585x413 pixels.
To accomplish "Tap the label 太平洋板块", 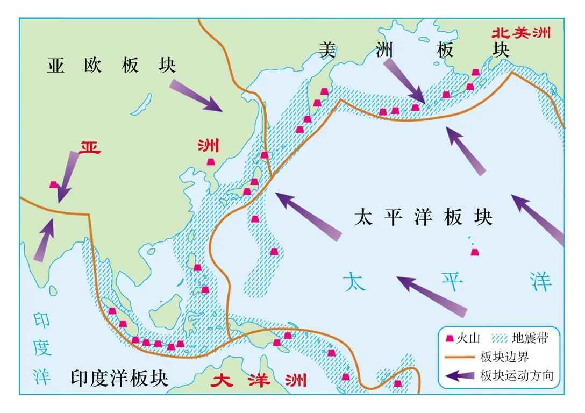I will point(423,218).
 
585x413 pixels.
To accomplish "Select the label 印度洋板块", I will point(119,379).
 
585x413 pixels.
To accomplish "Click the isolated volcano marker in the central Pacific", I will point(475,253).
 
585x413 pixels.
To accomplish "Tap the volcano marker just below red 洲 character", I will point(210,162).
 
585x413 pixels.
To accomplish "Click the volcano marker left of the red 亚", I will point(53,184).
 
